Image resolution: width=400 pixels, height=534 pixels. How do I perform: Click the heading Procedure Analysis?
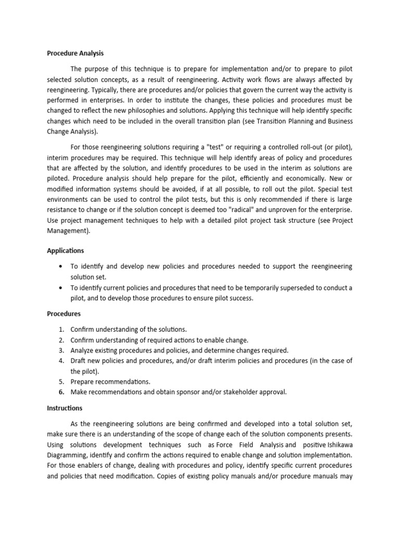click(x=76, y=53)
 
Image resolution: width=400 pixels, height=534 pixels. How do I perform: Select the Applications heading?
click(x=66, y=250)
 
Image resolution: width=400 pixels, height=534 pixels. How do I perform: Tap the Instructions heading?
click(x=65, y=408)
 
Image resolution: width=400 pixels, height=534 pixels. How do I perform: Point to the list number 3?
click(x=61, y=350)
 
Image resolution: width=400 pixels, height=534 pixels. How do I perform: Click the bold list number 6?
click(x=61, y=392)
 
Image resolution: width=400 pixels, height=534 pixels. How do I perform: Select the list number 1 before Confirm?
click(x=61, y=329)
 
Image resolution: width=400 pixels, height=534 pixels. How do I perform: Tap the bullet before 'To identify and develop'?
click(x=61, y=266)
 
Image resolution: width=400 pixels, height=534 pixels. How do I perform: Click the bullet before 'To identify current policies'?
click(x=61, y=287)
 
